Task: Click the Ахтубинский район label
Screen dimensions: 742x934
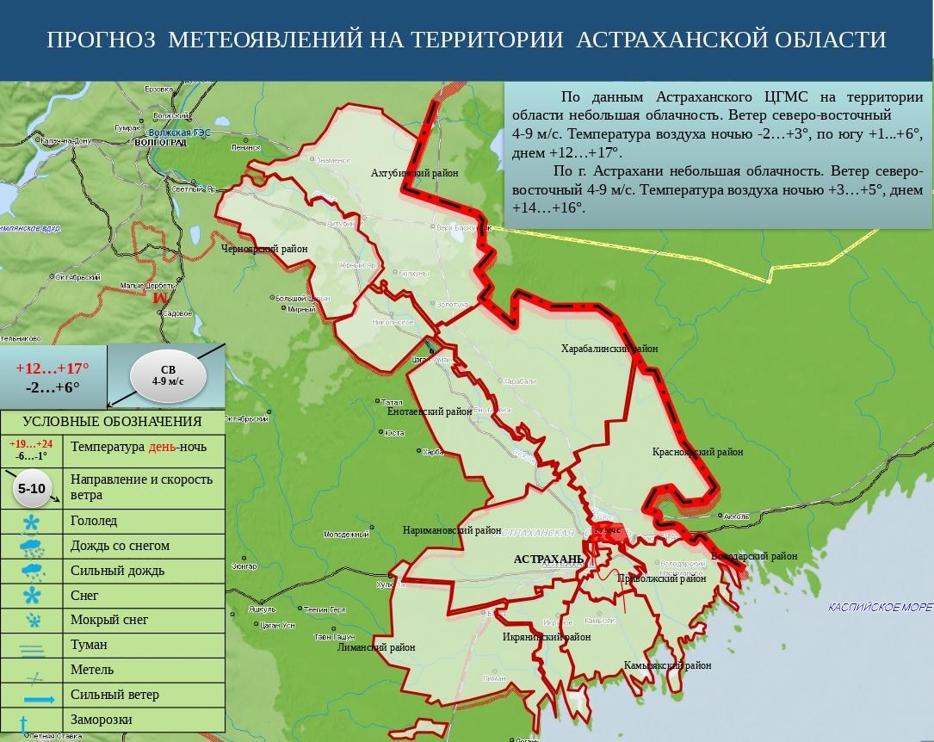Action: (x=415, y=173)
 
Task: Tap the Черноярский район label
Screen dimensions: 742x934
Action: (x=264, y=249)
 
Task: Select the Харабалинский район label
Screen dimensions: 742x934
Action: (x=609, y=349)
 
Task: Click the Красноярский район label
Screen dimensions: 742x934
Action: (x=697, y=451)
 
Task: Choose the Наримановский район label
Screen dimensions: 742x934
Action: (x=451, y=531)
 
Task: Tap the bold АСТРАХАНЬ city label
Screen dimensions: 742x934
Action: (x=548, y=560)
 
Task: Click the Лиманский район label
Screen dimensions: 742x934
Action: (x=376, y=647)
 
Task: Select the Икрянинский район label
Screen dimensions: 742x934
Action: (x=547, y=637)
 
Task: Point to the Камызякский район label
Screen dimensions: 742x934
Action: (x=668, y=665)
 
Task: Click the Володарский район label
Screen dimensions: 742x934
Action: (x=755, y=556)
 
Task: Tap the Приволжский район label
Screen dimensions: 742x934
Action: (x=661, y=578)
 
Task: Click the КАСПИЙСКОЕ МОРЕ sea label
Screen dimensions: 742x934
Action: (x=880, y=607)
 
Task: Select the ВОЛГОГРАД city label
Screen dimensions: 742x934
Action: (x=160, y=143)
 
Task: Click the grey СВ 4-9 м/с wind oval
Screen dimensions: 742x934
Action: (x=168, y=374)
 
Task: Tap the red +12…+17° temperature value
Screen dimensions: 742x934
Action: (x=53, y=368)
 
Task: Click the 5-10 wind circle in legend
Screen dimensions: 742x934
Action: (x=32, y=488)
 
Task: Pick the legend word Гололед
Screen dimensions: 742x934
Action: (x=94, y=521)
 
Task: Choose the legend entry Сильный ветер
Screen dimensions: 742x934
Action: (x=114, y=695)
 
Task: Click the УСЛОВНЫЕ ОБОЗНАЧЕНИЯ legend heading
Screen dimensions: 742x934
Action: (x=112, y=422)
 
